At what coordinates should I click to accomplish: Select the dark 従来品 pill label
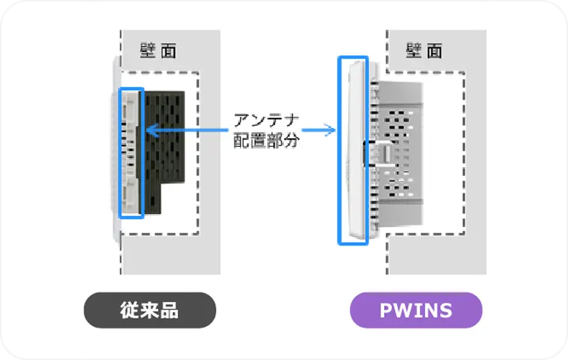tap(149, 311)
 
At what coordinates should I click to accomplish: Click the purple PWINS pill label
tap(416, 311)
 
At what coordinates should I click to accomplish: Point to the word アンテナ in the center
tap(266, 122)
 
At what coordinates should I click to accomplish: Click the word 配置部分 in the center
tap(266, 141)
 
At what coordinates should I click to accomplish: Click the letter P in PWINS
tap(386, 311)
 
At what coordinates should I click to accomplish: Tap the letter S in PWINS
tap(446, 311)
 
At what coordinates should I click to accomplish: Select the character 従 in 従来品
tap(130, 311)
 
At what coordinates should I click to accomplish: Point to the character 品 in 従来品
tap(169, 311)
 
